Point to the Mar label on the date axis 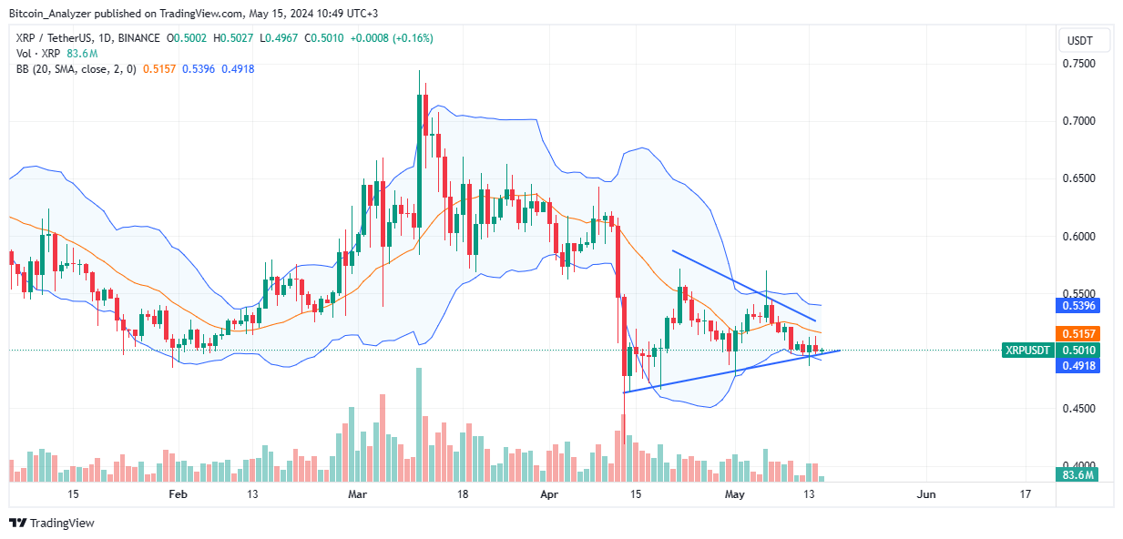358,494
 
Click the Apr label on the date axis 547,494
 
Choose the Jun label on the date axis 925,494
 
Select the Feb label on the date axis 178,494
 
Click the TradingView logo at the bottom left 52,523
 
